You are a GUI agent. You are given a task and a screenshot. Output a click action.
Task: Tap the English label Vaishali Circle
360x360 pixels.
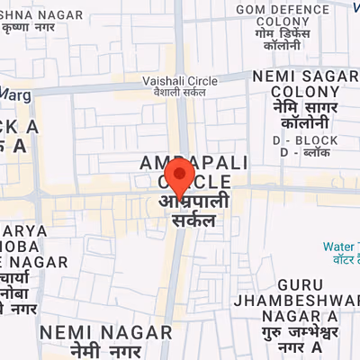pyautogui.click(x=180, y=79)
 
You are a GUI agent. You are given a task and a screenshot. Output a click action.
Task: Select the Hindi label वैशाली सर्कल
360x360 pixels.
pyautogui.click(x=180, y=92)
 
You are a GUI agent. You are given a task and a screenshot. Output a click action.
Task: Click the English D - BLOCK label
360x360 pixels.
pyautogui.click(x=310, y=140)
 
